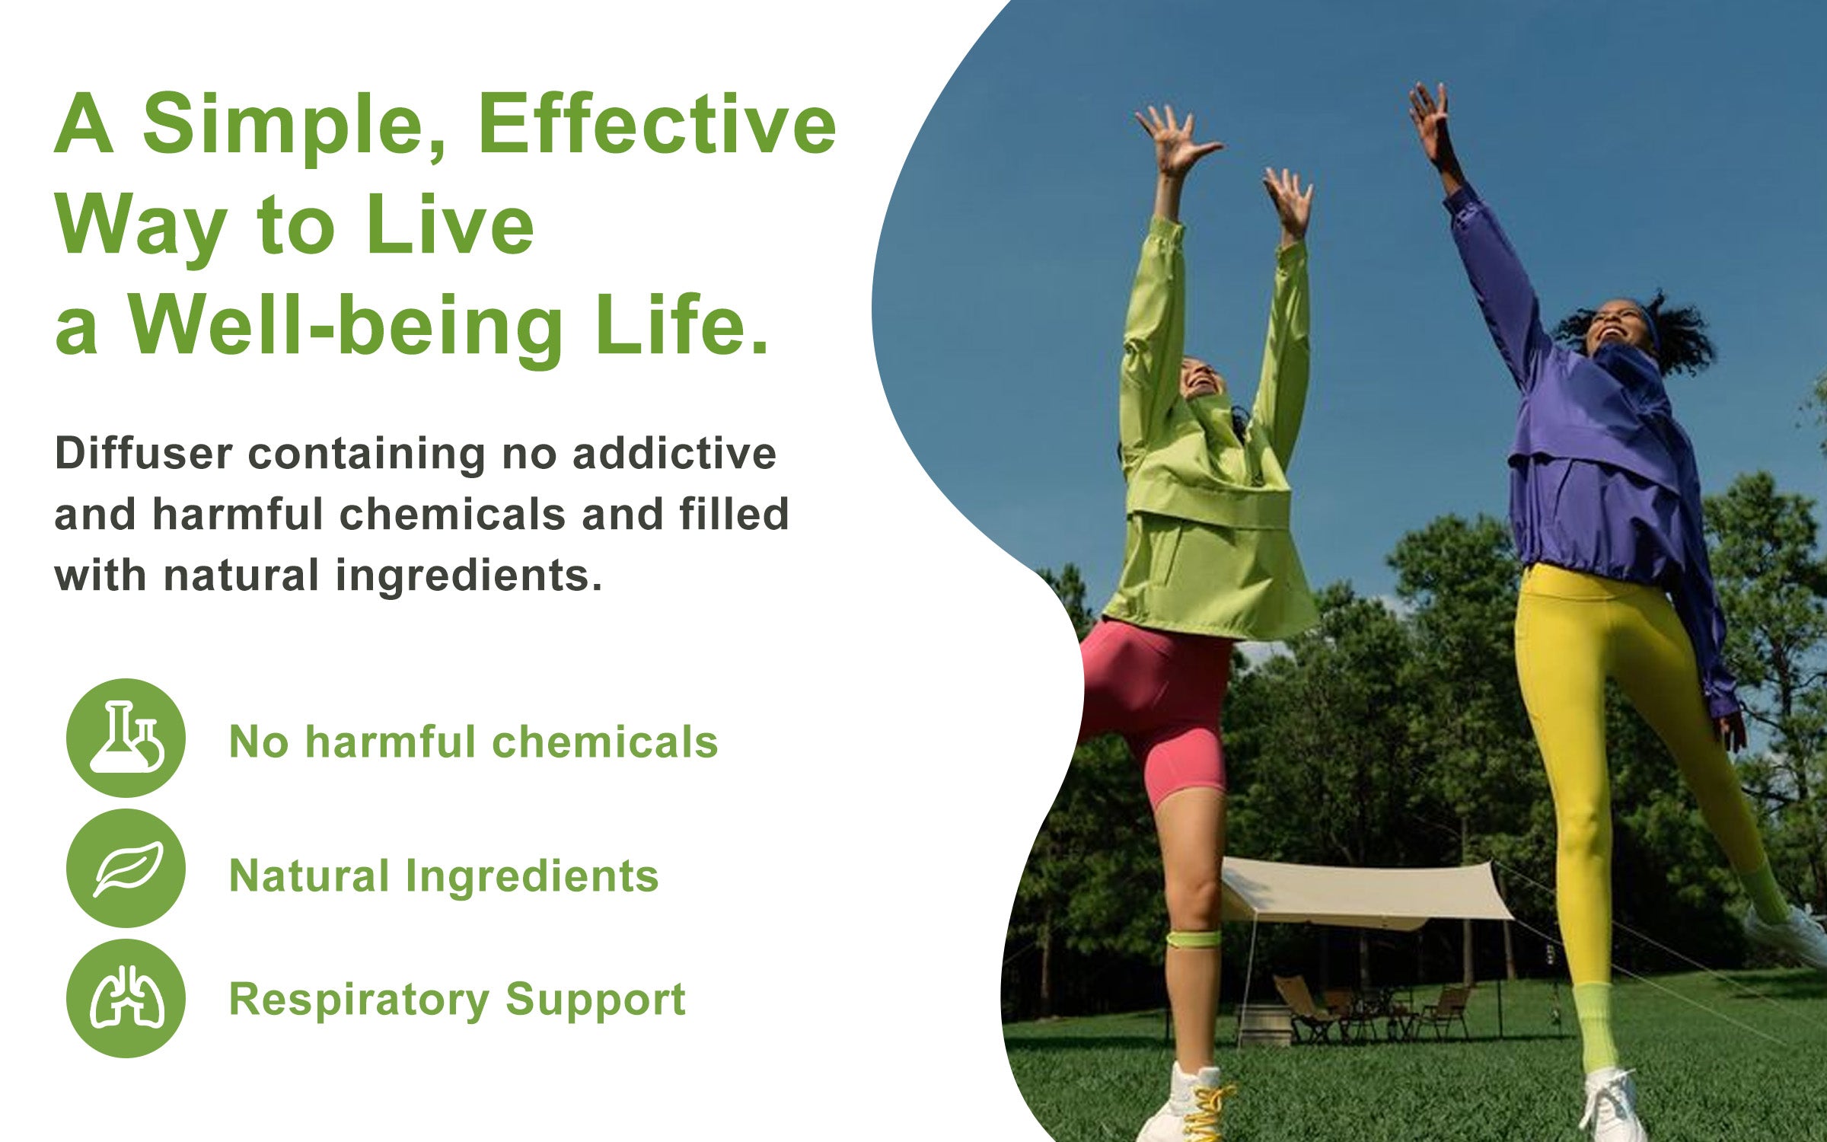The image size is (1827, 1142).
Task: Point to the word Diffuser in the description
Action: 143,454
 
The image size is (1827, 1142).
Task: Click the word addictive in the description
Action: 674,454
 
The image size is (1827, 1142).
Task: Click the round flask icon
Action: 126,738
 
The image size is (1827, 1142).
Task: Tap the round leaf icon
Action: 126,869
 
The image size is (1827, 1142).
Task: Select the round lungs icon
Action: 126,998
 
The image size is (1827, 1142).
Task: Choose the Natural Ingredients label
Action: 444,876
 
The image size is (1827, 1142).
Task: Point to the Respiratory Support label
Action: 458,1000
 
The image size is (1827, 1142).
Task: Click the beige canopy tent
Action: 1363,891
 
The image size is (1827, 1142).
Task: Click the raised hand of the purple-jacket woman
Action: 1431,122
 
